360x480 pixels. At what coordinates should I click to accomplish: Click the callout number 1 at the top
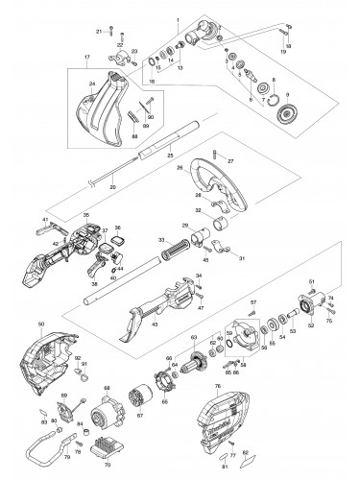177,19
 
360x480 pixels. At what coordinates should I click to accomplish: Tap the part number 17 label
88,69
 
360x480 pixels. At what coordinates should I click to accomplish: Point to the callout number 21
100,32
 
